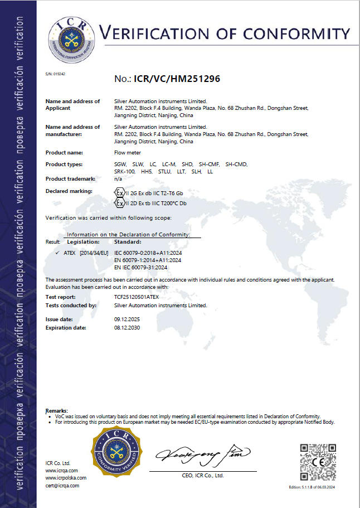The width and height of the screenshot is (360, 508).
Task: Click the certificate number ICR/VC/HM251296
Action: coord(177,79)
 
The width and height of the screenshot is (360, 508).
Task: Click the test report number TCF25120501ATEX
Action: coord(137,297)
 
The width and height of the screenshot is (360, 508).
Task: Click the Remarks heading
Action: coord(56,410)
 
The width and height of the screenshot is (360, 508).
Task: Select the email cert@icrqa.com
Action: coord(62,485)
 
